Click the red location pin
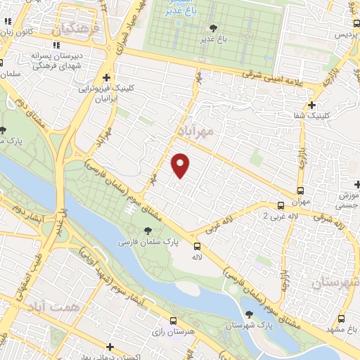[x=181, y=165]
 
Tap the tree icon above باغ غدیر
[x=213, y=28]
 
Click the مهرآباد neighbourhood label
[x=192, y=131]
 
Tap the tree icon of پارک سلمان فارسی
[x=147, y=231]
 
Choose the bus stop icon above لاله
[x=197, y=246]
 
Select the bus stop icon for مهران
[x=301, y=190]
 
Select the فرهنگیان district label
[x=72, y=29]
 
